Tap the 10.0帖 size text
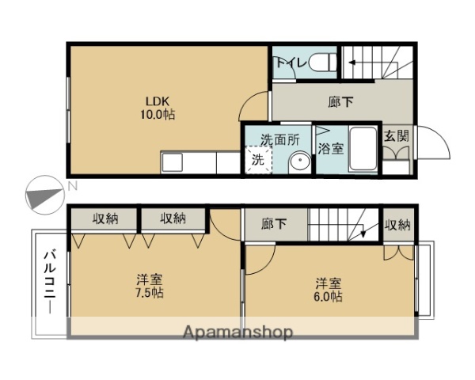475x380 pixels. click(x=158, y=115)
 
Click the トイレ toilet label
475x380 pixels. click(x=289, y=62)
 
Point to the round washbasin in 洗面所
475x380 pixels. click(x=298, y=161)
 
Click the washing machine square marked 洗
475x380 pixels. click(x=258, y=159)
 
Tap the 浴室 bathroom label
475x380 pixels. click(x=331, y=147)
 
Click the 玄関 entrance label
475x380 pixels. click(x=397, y=136)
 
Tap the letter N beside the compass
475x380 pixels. click(x=72, y=187)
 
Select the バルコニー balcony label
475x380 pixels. click(x=49, y=282)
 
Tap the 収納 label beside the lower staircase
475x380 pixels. click(x=398, y=225)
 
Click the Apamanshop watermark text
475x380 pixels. click(x=237, y=332)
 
